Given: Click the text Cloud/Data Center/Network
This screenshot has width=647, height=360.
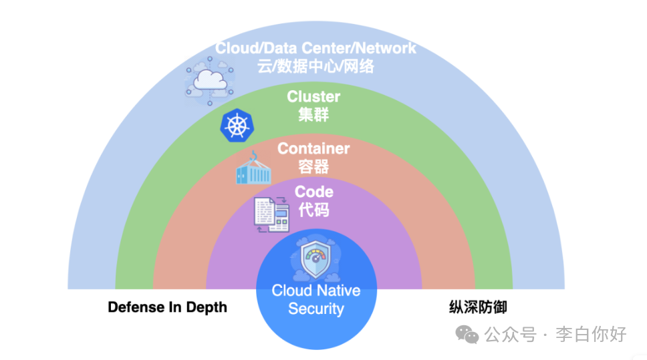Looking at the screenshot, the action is click(315, 48).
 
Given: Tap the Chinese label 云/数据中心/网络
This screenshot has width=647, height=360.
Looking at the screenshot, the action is click(315, 66).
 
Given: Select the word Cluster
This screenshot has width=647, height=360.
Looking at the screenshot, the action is click(313, 97).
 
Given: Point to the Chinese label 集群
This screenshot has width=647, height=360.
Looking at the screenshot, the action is click(313, 114).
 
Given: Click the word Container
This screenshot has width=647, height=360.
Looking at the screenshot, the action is click(313, 148).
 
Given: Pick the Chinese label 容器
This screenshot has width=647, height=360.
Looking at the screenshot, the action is click(313, 166).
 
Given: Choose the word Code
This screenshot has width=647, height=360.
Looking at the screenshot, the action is click(314, 192).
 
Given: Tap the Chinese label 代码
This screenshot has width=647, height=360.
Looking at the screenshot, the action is click(314, 210).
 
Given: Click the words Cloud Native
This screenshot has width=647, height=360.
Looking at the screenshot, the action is click(316, 291).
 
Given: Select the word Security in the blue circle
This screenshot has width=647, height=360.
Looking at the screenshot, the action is click(316, 309).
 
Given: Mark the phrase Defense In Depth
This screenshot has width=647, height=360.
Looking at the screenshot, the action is click(167, 307).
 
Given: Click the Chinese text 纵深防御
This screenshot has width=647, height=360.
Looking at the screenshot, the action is click(477, 307).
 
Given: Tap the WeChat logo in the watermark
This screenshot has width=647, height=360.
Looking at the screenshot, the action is click(467, 334).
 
